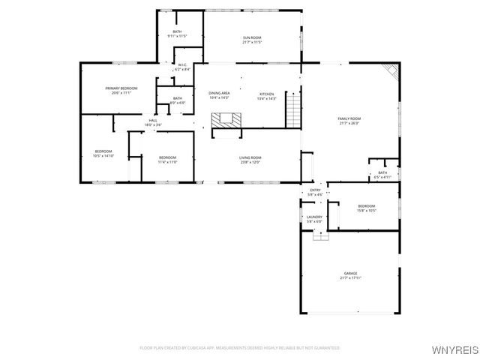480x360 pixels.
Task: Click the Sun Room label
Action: coord(251,40)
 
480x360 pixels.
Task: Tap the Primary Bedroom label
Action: coord(121,91)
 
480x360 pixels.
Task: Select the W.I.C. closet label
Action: coord(182,67)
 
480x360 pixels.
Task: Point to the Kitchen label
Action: coord(267,96)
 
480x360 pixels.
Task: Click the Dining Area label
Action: coord(218,95)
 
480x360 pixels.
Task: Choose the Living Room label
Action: coord(249,160)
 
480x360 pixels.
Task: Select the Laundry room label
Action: coord(313,219)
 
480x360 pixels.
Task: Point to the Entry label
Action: coord(315,193)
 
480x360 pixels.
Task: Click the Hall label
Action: coord(152,122)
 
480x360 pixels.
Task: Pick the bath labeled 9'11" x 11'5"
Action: coord(178,34)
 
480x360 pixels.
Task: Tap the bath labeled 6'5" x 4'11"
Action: coord(382,175)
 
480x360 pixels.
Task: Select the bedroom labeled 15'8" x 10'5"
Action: coord(366,208)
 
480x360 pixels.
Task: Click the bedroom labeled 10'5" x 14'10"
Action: coord(103,154)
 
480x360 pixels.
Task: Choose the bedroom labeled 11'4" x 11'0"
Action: coord(166,160)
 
